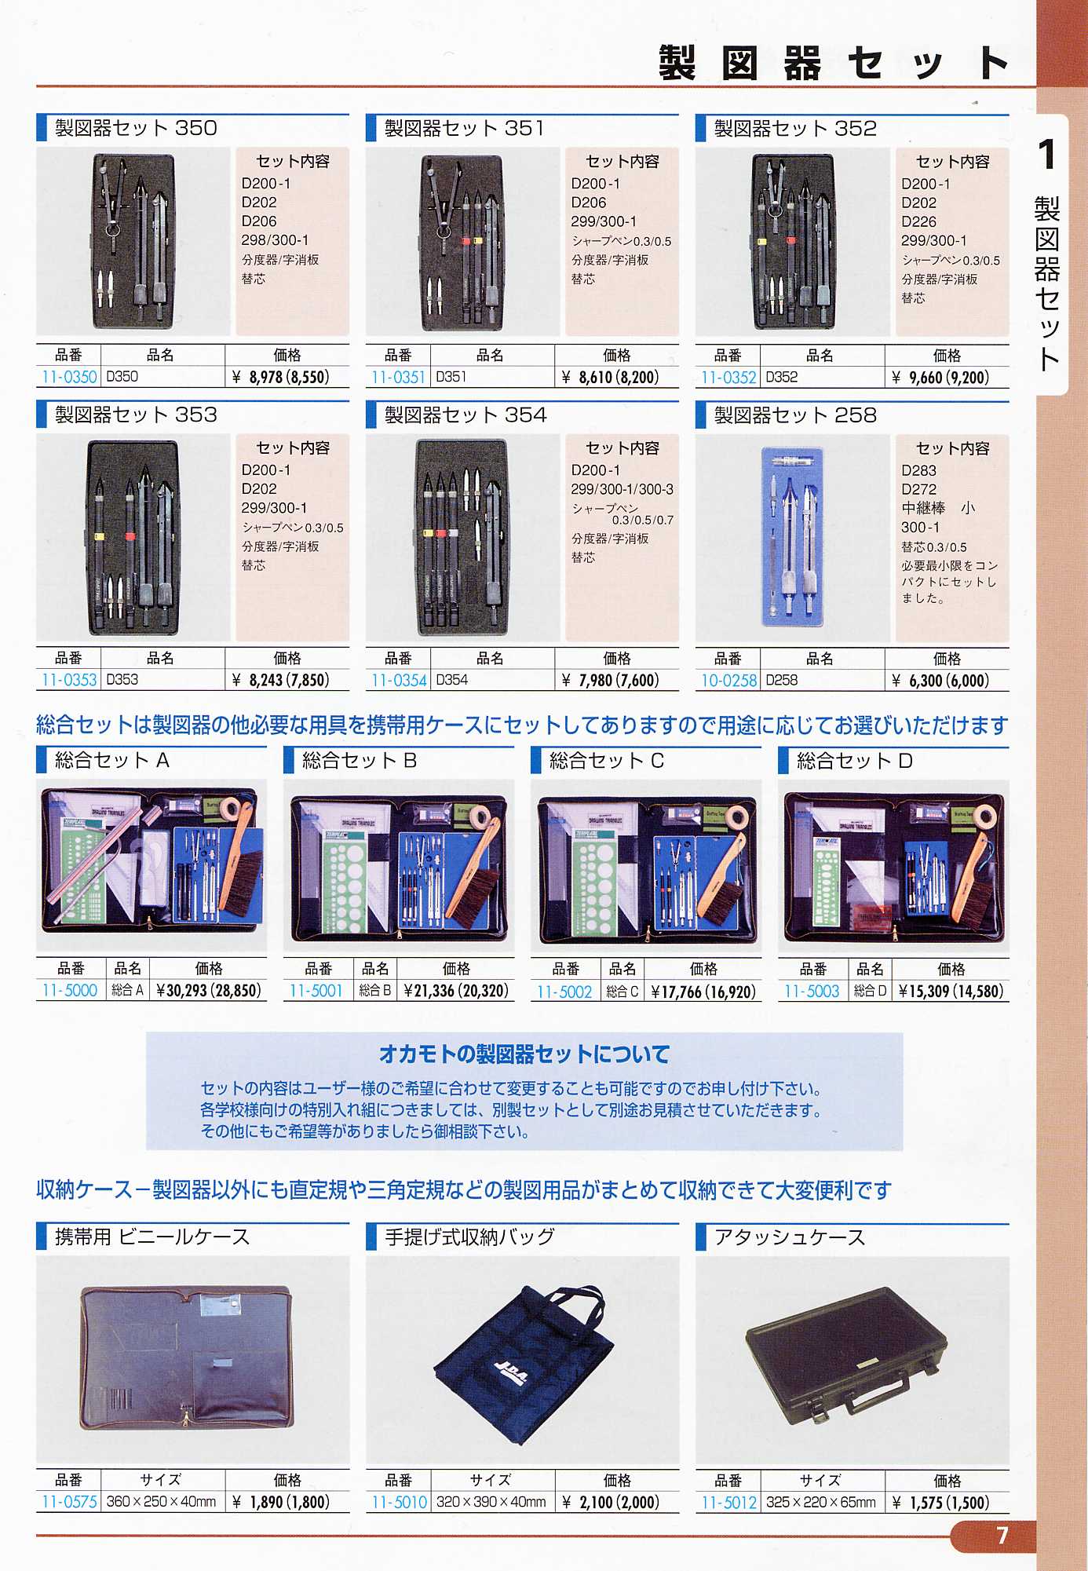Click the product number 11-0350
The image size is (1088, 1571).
[x=69, y=377]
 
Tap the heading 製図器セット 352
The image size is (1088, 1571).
[x=795, y=129]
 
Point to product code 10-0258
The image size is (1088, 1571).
[x=728, y=681]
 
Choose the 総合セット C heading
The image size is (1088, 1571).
[x=607, y=761]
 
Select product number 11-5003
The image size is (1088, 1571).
[x=812, y=992]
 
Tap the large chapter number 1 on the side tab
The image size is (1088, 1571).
[x=1047, y=155]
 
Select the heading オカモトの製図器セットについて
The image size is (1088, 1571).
[x=524, y=1054]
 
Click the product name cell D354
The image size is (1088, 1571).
[x=451, y=680]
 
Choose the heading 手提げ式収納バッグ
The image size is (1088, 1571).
[x=469, y=1237]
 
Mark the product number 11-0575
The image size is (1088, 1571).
[x=69, y=1502]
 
